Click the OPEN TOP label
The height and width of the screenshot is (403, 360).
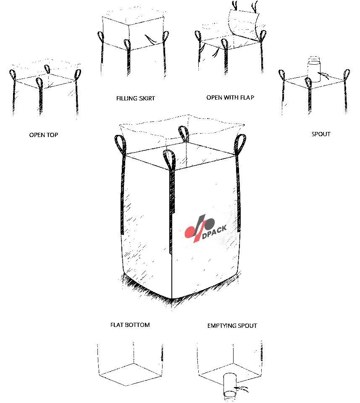pyautogui.click(x=44, y=135)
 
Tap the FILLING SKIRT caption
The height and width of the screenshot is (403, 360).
pyautogui.click(x=136, y=98)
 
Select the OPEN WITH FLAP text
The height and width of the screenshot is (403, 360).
pyautogui.click(x=230, y=97)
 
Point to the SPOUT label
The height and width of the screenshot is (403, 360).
pyautogui.click(x=321, y=134)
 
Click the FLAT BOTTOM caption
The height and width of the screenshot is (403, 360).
pyautogui.click(x=130, y=325)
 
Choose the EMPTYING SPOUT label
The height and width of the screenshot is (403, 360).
pyautogui.click(x=232, y=326)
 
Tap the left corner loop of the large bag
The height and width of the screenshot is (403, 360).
pyautogui.click(x=119, y=144)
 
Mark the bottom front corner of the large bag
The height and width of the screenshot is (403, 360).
pyautogui.click(x=173, y=298)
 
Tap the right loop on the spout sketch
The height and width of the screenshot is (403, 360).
pyautogui.click(x=346, y=76)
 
